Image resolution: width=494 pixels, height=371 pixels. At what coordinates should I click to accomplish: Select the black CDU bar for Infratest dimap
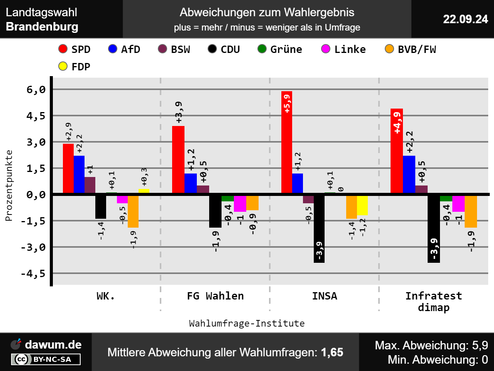coord(434,228)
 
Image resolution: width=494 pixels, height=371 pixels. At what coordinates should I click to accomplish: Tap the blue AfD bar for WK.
coord(79,174)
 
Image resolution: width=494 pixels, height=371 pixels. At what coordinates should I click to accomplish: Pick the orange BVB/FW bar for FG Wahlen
coord(252,203)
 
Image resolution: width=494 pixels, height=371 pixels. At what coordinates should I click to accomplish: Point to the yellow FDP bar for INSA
coord(362,205)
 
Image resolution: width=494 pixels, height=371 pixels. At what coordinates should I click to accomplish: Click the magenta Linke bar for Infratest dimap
coord(458,204)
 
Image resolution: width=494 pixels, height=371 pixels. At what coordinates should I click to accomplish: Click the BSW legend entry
coord(174,49)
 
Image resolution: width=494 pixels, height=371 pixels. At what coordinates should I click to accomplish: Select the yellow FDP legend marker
coord(63,66)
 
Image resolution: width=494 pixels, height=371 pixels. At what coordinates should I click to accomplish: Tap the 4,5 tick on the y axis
coord(36,116)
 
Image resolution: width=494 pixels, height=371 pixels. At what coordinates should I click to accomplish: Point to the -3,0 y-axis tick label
coord(33,247)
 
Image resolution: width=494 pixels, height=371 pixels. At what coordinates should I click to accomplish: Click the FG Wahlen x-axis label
coord(215,296)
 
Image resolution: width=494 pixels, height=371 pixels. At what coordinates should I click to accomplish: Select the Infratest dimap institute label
coord(434,301)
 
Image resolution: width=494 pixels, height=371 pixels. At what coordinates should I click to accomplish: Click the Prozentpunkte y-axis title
coord(9,185)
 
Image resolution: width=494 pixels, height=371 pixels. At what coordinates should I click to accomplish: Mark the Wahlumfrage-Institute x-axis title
coord(247,323)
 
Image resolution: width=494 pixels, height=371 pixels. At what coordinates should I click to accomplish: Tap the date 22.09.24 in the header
coord(465,19)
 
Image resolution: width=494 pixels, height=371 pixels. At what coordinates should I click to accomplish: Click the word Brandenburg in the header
coord(42,27)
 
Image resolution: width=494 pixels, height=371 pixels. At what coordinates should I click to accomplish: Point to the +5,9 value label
coord(287,104)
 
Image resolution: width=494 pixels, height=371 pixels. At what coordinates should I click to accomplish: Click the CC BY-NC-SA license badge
coord(46,359)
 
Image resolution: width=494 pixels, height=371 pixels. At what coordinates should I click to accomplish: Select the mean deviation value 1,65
coord(332,352)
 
